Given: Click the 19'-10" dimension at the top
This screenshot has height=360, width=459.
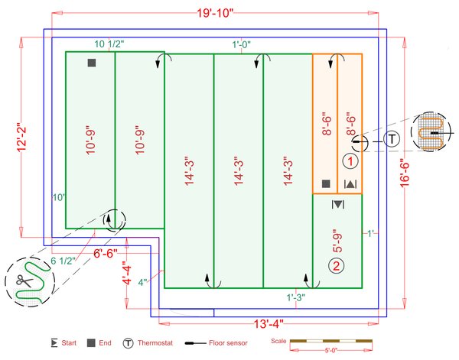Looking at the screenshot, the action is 215,13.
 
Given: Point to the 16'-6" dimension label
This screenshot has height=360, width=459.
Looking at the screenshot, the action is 405,174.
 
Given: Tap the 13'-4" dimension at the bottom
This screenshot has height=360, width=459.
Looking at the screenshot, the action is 269,324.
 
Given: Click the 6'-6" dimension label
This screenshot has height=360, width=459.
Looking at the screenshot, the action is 106,253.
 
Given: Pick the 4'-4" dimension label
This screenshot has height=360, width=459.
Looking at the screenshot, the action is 127,273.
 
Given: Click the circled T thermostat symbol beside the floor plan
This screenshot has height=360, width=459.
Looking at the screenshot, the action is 392,139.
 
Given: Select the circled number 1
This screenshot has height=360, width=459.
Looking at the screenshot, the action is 350,161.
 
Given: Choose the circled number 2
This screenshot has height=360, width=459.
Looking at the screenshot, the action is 337,266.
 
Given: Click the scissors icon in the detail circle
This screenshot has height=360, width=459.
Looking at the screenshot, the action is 24,281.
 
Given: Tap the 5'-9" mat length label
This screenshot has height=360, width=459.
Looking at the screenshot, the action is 337,241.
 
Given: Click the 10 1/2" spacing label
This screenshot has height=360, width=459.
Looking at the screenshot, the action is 109,44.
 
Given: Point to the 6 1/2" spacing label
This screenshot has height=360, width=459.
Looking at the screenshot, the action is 63,261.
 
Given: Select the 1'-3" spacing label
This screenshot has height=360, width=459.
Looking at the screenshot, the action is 295,297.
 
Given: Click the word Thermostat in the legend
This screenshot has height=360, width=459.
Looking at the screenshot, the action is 155,342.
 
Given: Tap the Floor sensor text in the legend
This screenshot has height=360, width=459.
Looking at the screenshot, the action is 228,342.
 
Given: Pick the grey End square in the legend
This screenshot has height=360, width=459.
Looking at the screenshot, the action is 91,343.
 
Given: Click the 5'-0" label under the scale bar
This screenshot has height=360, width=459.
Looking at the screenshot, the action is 331,350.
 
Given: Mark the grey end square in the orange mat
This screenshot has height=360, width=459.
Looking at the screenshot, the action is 326,183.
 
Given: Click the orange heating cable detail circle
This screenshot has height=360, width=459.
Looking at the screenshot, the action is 431,131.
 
